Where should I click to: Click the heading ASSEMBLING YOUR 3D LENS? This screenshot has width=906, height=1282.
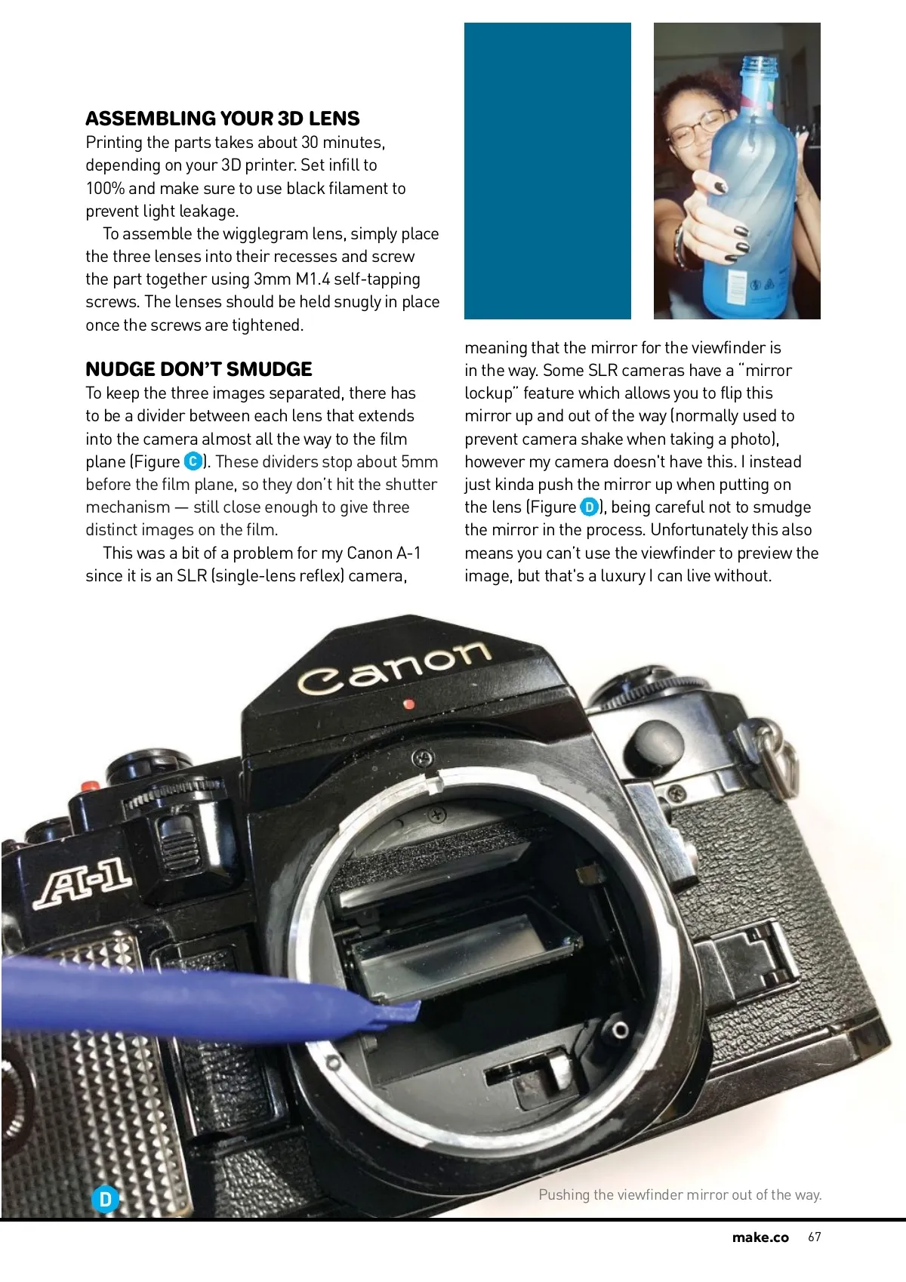click(x=222, y=119)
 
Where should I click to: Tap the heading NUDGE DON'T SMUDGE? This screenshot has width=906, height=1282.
click(x=199, y=369)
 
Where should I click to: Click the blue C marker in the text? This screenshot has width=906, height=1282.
click(x=193, y=461)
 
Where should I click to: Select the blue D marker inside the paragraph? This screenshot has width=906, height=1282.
click(x=589, y=507)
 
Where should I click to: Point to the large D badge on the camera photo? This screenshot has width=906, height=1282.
click(x=106, y=1199)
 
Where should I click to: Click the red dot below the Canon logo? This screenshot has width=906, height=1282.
click(x=409, y=704)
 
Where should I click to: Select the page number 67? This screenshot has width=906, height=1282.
click(x=814, y=1237)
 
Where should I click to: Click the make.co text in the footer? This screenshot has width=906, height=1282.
click(x=760, y=1237)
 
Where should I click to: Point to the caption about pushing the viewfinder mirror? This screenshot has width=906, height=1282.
click(x=679, y=1194)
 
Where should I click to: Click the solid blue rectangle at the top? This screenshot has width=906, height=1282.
click(x=547, y=171)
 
